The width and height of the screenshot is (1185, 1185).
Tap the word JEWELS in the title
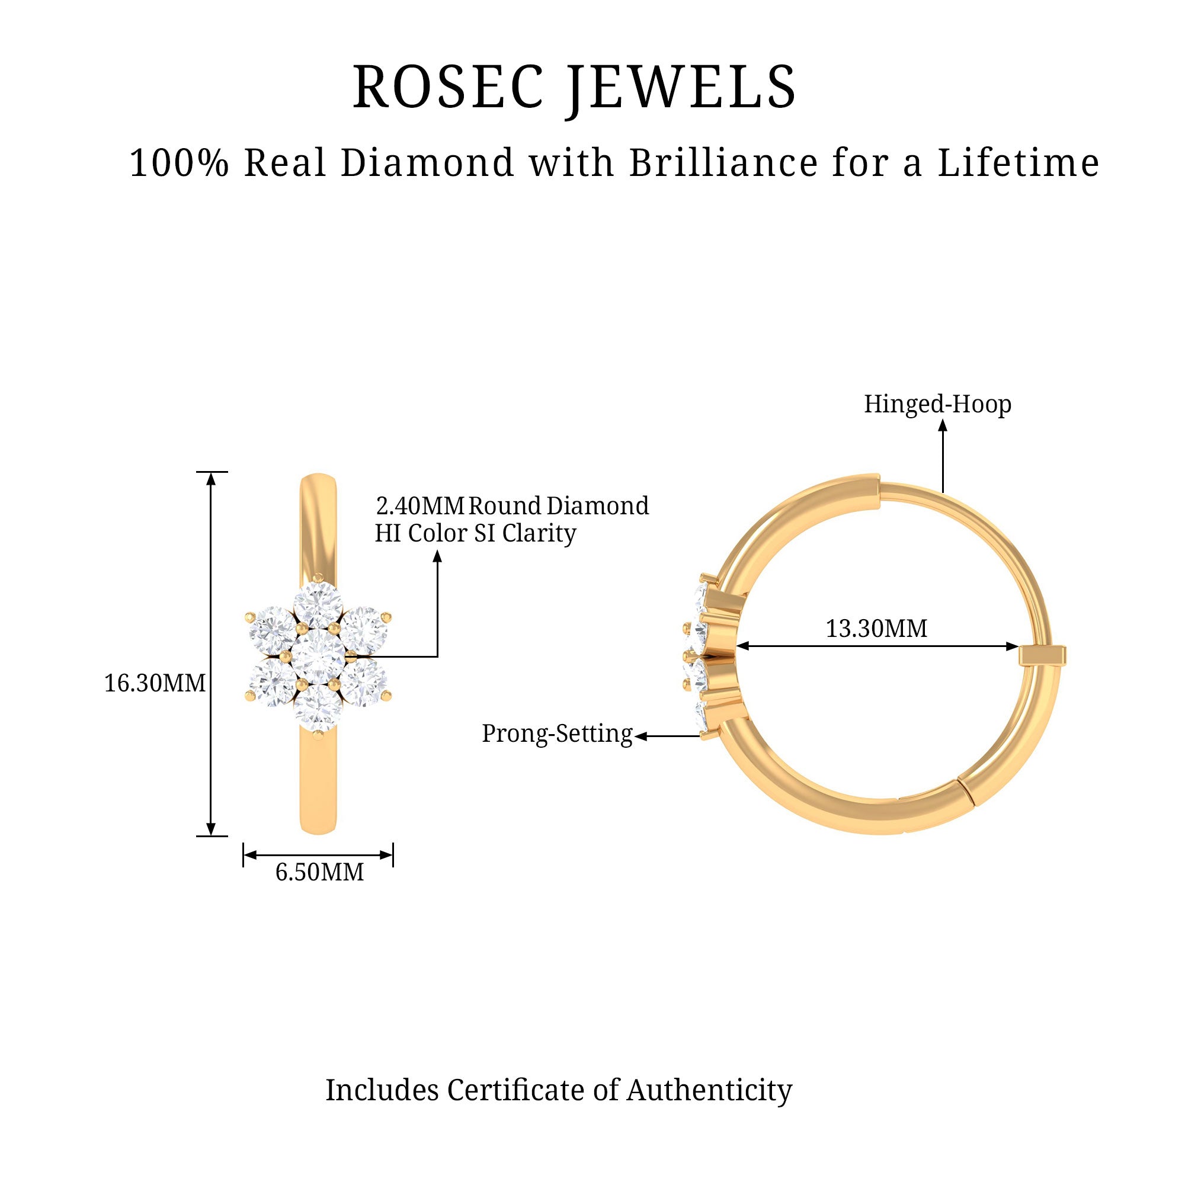681,87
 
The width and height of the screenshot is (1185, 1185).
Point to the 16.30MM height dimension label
155,683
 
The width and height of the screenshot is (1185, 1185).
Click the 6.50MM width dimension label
319,872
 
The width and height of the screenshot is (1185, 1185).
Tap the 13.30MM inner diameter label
876,629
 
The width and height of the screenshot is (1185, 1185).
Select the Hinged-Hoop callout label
937,404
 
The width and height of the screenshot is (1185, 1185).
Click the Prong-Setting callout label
556,734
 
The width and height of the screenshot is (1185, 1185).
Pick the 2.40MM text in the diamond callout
419,506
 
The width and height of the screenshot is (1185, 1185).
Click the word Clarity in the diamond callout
539,533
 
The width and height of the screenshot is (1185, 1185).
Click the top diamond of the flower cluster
318,607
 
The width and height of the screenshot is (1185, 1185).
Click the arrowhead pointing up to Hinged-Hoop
943,424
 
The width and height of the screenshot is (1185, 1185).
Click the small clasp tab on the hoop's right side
1042,655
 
